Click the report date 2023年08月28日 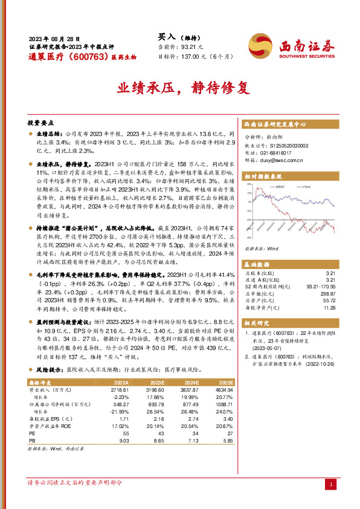click(x=54, y=38)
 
